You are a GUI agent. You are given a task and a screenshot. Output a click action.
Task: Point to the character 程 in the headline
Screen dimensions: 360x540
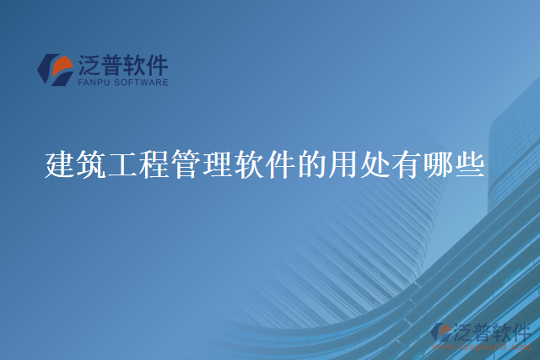coord(154,163)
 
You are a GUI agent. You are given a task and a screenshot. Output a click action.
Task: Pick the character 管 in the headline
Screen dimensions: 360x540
coord(186,163)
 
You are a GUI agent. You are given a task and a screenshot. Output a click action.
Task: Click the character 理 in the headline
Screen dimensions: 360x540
coord(218,163)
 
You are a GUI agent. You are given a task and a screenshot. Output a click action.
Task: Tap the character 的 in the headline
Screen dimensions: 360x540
coord(312,163)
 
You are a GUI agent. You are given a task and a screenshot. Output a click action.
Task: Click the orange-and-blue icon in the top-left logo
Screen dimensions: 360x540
coord(55,69)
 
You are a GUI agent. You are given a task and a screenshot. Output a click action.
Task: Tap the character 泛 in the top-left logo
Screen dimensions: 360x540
coord(89,66)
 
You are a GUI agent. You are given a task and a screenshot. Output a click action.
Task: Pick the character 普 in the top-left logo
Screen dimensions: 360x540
coord(114,66)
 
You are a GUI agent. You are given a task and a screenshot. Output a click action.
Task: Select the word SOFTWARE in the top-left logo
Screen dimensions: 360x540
coord(138,83)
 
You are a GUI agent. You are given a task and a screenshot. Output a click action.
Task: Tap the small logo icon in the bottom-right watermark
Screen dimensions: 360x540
coord(441,332)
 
